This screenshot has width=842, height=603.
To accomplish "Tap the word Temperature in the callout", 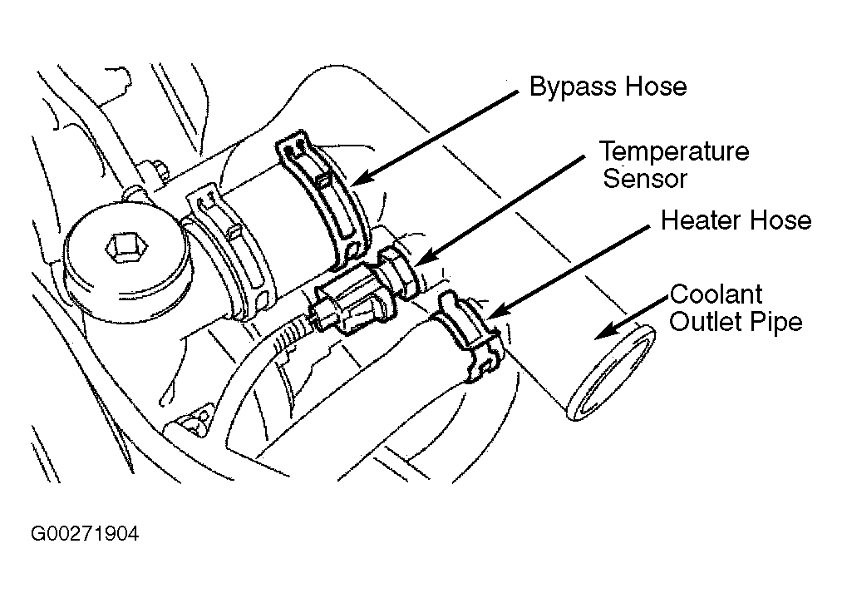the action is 674,151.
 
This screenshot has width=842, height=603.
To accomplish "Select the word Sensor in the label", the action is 644,179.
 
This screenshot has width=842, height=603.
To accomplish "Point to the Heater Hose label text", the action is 736,220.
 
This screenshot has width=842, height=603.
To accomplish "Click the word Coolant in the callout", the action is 716,294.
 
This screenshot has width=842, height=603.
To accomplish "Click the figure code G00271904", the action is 85,534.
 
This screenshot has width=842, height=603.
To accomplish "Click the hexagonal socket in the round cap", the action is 126,249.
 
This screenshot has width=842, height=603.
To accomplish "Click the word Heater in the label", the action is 701,220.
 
